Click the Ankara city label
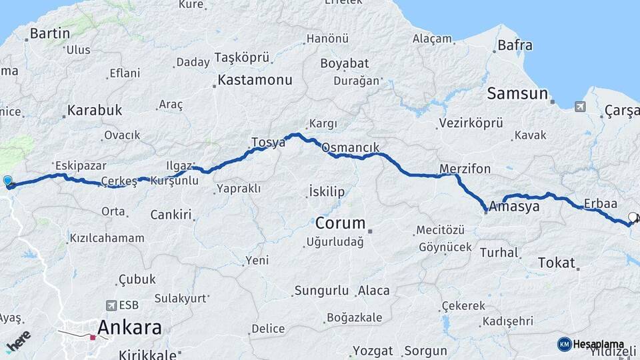[x=129, y=327]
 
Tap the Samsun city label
[x=517, y=93]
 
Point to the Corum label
[x=340, y=223]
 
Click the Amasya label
[x=514, y=207]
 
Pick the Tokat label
[x=556, y=263]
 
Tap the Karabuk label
[x=95, y=110]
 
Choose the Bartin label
[x=50, y=33]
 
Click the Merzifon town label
[x=465, y=168]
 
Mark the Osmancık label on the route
[x=350, y=148]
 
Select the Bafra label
[x=515, y=46]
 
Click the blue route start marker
[x=8, y=181]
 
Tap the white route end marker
[x=633, y=217]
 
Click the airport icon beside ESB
[x=109, y=305]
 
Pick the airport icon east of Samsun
[x=579, y=106]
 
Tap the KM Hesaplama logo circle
[x=564, y=344]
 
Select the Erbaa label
[x=600, y=203]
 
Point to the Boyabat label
[x=344, y=64]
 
